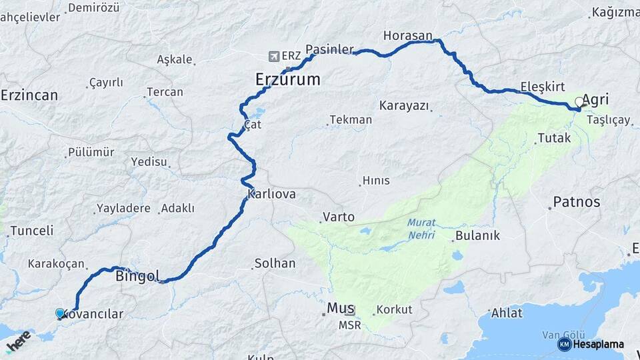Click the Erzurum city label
(287, 80)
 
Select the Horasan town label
(408, 35)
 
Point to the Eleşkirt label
(542, 87)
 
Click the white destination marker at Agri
(579, 103)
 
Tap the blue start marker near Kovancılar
(60, 313)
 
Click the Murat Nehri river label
(421, 229)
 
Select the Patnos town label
(577, 202)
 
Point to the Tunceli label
(31, 231)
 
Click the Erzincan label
(29, 95)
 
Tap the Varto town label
(338, 217)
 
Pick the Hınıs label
(375, 181)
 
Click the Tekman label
(351, 120)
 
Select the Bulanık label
(477, 236)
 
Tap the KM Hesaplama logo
(591, 344)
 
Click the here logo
(19, 341)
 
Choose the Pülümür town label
(91, 153)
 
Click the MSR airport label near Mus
(349, 325)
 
